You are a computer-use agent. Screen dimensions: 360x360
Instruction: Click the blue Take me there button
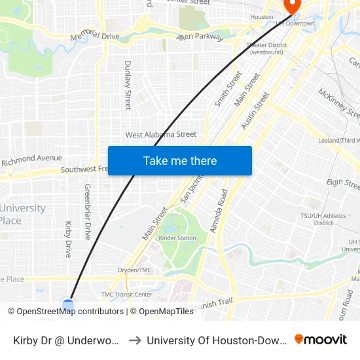point(180,161)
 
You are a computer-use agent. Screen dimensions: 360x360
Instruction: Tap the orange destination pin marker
point(289,6)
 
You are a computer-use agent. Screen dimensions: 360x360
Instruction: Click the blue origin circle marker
point(68,305)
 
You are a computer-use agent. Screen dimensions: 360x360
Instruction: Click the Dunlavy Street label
point(128,85)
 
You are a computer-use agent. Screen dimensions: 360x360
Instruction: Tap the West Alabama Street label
point(161,135)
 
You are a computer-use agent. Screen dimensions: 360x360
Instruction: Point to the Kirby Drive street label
point(68,239)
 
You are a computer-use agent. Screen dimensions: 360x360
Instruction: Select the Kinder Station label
point(177,238)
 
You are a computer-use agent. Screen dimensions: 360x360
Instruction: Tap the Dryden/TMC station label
point(135,270)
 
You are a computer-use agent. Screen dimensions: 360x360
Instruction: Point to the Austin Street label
point(255,110)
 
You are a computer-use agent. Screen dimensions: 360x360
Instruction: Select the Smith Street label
point(228,90)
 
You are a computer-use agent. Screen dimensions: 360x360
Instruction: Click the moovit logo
point(321,339)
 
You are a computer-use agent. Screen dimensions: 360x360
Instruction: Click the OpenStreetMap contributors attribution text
point(65,312)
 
